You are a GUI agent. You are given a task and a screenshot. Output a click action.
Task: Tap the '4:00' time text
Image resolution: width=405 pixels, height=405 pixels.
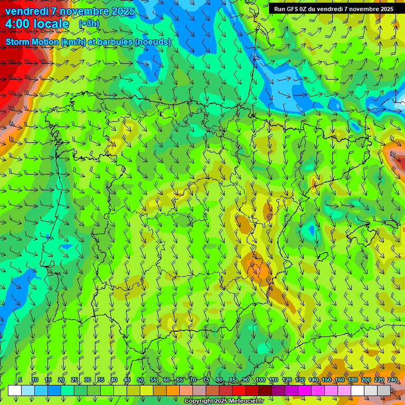click(17, 24)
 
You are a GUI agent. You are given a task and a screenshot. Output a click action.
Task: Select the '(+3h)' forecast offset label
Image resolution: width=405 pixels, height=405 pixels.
click(89, 23)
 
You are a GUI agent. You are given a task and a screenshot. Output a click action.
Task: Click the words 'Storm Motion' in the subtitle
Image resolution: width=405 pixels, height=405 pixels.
click(33, 42)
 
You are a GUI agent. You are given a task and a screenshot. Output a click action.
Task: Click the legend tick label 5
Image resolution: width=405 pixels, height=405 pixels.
click(20, 380)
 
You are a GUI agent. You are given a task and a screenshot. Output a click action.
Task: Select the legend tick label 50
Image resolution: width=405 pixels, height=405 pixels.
click(140, 380)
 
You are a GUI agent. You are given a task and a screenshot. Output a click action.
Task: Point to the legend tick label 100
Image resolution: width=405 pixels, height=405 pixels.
click(260, 380)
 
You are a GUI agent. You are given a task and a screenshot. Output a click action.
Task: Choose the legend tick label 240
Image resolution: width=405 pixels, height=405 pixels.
click(392, 380)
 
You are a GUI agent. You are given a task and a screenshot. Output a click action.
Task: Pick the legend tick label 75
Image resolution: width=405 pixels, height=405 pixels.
click(206, 380)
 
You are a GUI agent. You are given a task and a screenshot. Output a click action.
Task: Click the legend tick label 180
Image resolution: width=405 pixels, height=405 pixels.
click(353, 380)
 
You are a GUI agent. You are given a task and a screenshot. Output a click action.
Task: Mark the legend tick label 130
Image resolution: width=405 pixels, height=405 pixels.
click(300, 380)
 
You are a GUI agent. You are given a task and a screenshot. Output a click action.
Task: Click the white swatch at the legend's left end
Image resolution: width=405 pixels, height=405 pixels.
click(15, 390)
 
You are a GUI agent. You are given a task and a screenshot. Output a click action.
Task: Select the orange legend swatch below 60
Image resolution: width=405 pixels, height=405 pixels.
click(173, 390)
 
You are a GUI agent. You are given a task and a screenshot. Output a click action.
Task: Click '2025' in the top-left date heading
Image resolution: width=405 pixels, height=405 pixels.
click(122, 11)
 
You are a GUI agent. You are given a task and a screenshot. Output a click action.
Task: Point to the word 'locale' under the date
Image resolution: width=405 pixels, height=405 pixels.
click(51, 24)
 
